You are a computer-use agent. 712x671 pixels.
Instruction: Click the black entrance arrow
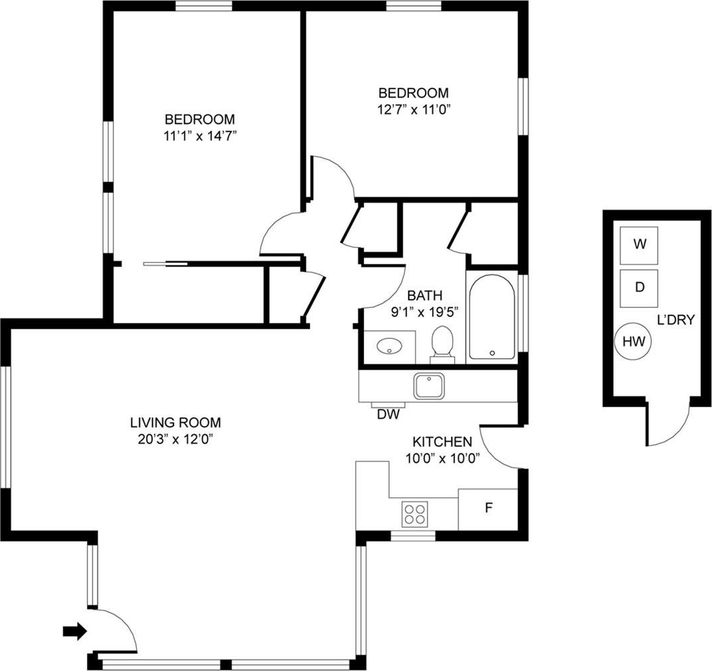tap(75, 631)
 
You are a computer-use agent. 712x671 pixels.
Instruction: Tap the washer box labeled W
tap(639, 245)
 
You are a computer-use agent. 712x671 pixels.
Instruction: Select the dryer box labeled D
tap(639, 288)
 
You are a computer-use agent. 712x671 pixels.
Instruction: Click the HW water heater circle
tap(633, 341)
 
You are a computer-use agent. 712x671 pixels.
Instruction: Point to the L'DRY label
tap(676, 320)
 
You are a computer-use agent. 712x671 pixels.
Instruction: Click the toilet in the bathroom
tap(442, 345)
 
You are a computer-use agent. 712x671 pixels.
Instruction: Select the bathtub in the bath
tap(493, 317)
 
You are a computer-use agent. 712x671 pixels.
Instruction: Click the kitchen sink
tap(429, 386)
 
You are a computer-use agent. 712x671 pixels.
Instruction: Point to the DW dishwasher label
tap(388, 415)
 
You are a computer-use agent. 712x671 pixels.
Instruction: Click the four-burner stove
tap(415, 514)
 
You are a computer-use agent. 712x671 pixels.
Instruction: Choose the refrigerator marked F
tap(488, 509)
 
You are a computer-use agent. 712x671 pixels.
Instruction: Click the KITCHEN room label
tap(442, 441)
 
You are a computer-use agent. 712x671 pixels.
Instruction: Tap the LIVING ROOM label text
tap(176, 423)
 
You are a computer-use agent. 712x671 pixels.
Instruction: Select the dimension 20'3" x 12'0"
tap(176, 439)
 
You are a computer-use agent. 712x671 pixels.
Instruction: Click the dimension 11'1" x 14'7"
tap(201, 135)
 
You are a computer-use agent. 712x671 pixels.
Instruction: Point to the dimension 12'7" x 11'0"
tap(414, 109)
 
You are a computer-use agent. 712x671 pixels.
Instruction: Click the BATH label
tap(424, 296)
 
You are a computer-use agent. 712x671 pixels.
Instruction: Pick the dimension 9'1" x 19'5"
tap(424, 312)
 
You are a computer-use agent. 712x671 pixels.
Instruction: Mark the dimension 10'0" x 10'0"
tap(443, 458)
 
